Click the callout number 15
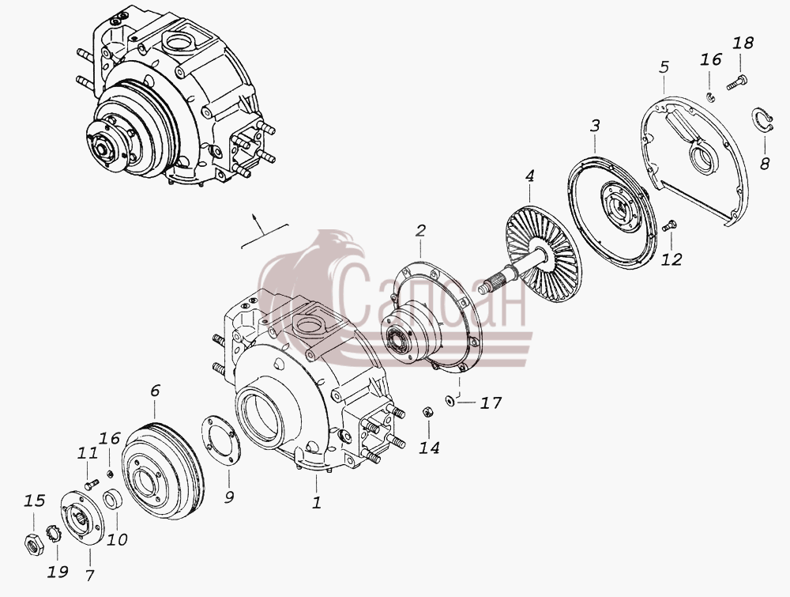pyautogui.click(x=34, y=501)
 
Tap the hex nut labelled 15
pyautogui.click(x=34, y=543)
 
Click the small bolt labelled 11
pyautogui.click(x=91, y=485)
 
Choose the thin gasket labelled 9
pyautogui.click(x=220, y=440)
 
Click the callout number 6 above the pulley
pyautogui.click(x=155, y=391)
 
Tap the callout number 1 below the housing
pyautogui.click(x=317, y=503)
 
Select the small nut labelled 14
pyautogui.click(x=428, y=412)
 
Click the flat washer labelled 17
pyautogui.click(x=450, y=402)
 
